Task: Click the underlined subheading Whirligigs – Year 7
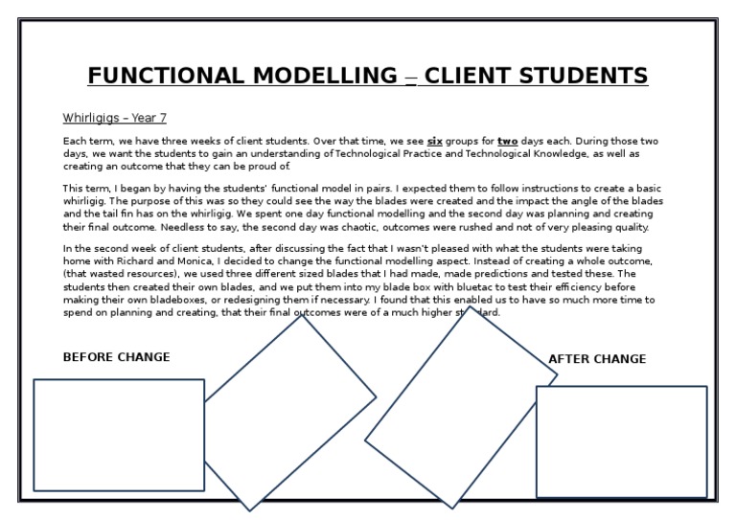(x=114, y=119)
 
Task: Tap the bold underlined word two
(x=507, y=142)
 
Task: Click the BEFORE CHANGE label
(x=116, y=357)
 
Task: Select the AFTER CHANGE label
(x=596, y=359)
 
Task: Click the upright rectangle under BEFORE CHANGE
(x=119, y=435)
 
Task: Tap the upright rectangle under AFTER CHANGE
(x=621, y=441)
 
